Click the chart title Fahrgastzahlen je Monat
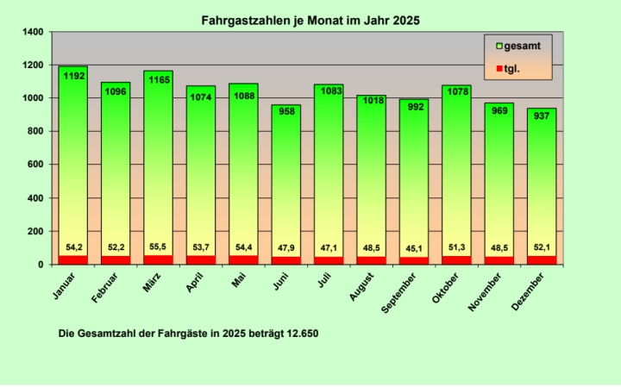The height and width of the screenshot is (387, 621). pos(310,19)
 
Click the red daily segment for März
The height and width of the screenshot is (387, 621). pos(158,259)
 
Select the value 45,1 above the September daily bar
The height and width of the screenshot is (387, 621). pos(413,248)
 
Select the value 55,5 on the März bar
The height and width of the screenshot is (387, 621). pos(158,247)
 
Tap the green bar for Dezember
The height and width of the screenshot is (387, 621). pos(541,185)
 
